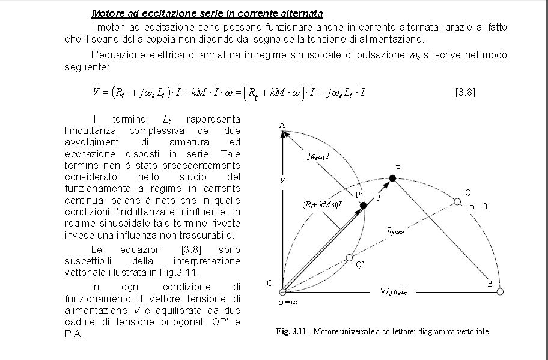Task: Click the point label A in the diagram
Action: coord(282,124)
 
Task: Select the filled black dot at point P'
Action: coord(363,206)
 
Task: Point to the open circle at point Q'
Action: coord(349,258)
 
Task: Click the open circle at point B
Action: coord(499,291)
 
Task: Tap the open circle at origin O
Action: coord(282,292)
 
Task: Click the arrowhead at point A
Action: coord(282,135)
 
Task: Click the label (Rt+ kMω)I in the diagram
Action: coord(322,204)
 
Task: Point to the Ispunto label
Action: coord(395,230)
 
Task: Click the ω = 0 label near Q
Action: coord(478,206)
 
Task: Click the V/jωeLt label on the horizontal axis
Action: coord(394,291)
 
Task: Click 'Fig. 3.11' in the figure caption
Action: coord(291,332)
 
